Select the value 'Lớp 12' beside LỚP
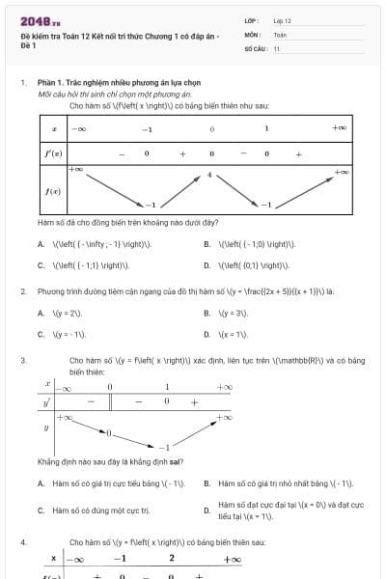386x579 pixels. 282,19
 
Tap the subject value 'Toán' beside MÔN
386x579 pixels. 280,34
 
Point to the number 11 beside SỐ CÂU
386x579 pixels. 277,47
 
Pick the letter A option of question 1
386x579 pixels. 41,244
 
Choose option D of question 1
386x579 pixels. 207,263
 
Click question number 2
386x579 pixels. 22,290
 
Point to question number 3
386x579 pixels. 22,360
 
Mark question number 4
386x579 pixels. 22,543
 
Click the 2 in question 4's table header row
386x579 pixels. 171,559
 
